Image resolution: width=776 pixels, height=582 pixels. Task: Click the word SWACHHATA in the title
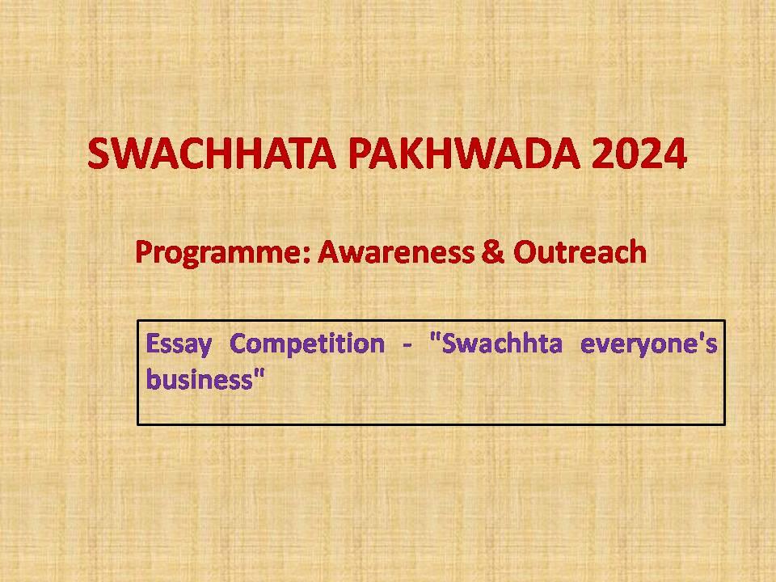tap(212, 154)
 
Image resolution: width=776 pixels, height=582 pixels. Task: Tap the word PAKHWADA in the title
tap(464, 154)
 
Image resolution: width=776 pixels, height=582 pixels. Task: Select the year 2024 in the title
tap(639, 154)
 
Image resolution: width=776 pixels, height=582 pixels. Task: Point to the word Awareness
tap(396, 251)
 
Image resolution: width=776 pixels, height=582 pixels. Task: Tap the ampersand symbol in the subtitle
tap(493, 251)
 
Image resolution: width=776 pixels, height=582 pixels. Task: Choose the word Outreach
tap(580, 251)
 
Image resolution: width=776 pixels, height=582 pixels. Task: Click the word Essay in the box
tap(179, 344)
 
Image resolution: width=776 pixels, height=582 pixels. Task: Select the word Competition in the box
tap(307, 344)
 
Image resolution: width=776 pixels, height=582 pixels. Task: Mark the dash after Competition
tap(407, 345)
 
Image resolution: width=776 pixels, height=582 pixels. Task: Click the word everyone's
tap(649, 344)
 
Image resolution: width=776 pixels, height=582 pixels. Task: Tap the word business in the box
tap(200, 380)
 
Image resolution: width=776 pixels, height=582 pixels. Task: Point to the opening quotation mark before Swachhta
tap(435, 337)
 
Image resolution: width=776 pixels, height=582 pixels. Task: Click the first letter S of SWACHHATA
tap(99, 154)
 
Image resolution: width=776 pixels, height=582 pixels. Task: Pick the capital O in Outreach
tap(526, 251)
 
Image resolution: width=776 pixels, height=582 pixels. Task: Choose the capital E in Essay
tap(153, 344)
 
